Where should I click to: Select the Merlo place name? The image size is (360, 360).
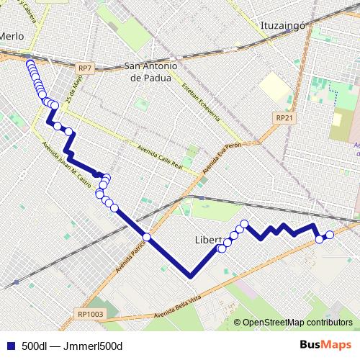pyautogui.click(x=12, y=36)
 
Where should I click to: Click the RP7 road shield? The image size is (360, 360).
pyautogui.click(x=85, y=68)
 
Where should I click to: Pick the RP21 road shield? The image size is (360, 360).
pyautogui.click(x=285, y=117)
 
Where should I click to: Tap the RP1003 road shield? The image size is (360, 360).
pyautogui.click(x=89, y=313)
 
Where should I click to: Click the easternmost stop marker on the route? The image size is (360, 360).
pyautogui.click(x=330, y=235)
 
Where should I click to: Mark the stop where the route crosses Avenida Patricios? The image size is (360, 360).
pyautogui.click(x=146, y=237)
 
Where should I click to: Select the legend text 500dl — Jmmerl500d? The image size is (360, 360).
pyautogui.click(x=72, y=346)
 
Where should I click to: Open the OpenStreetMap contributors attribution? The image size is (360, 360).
pyautogui.click(x=297, y=322)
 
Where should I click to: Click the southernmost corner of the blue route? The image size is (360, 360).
pyautogui.click(x=190, y=275)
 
